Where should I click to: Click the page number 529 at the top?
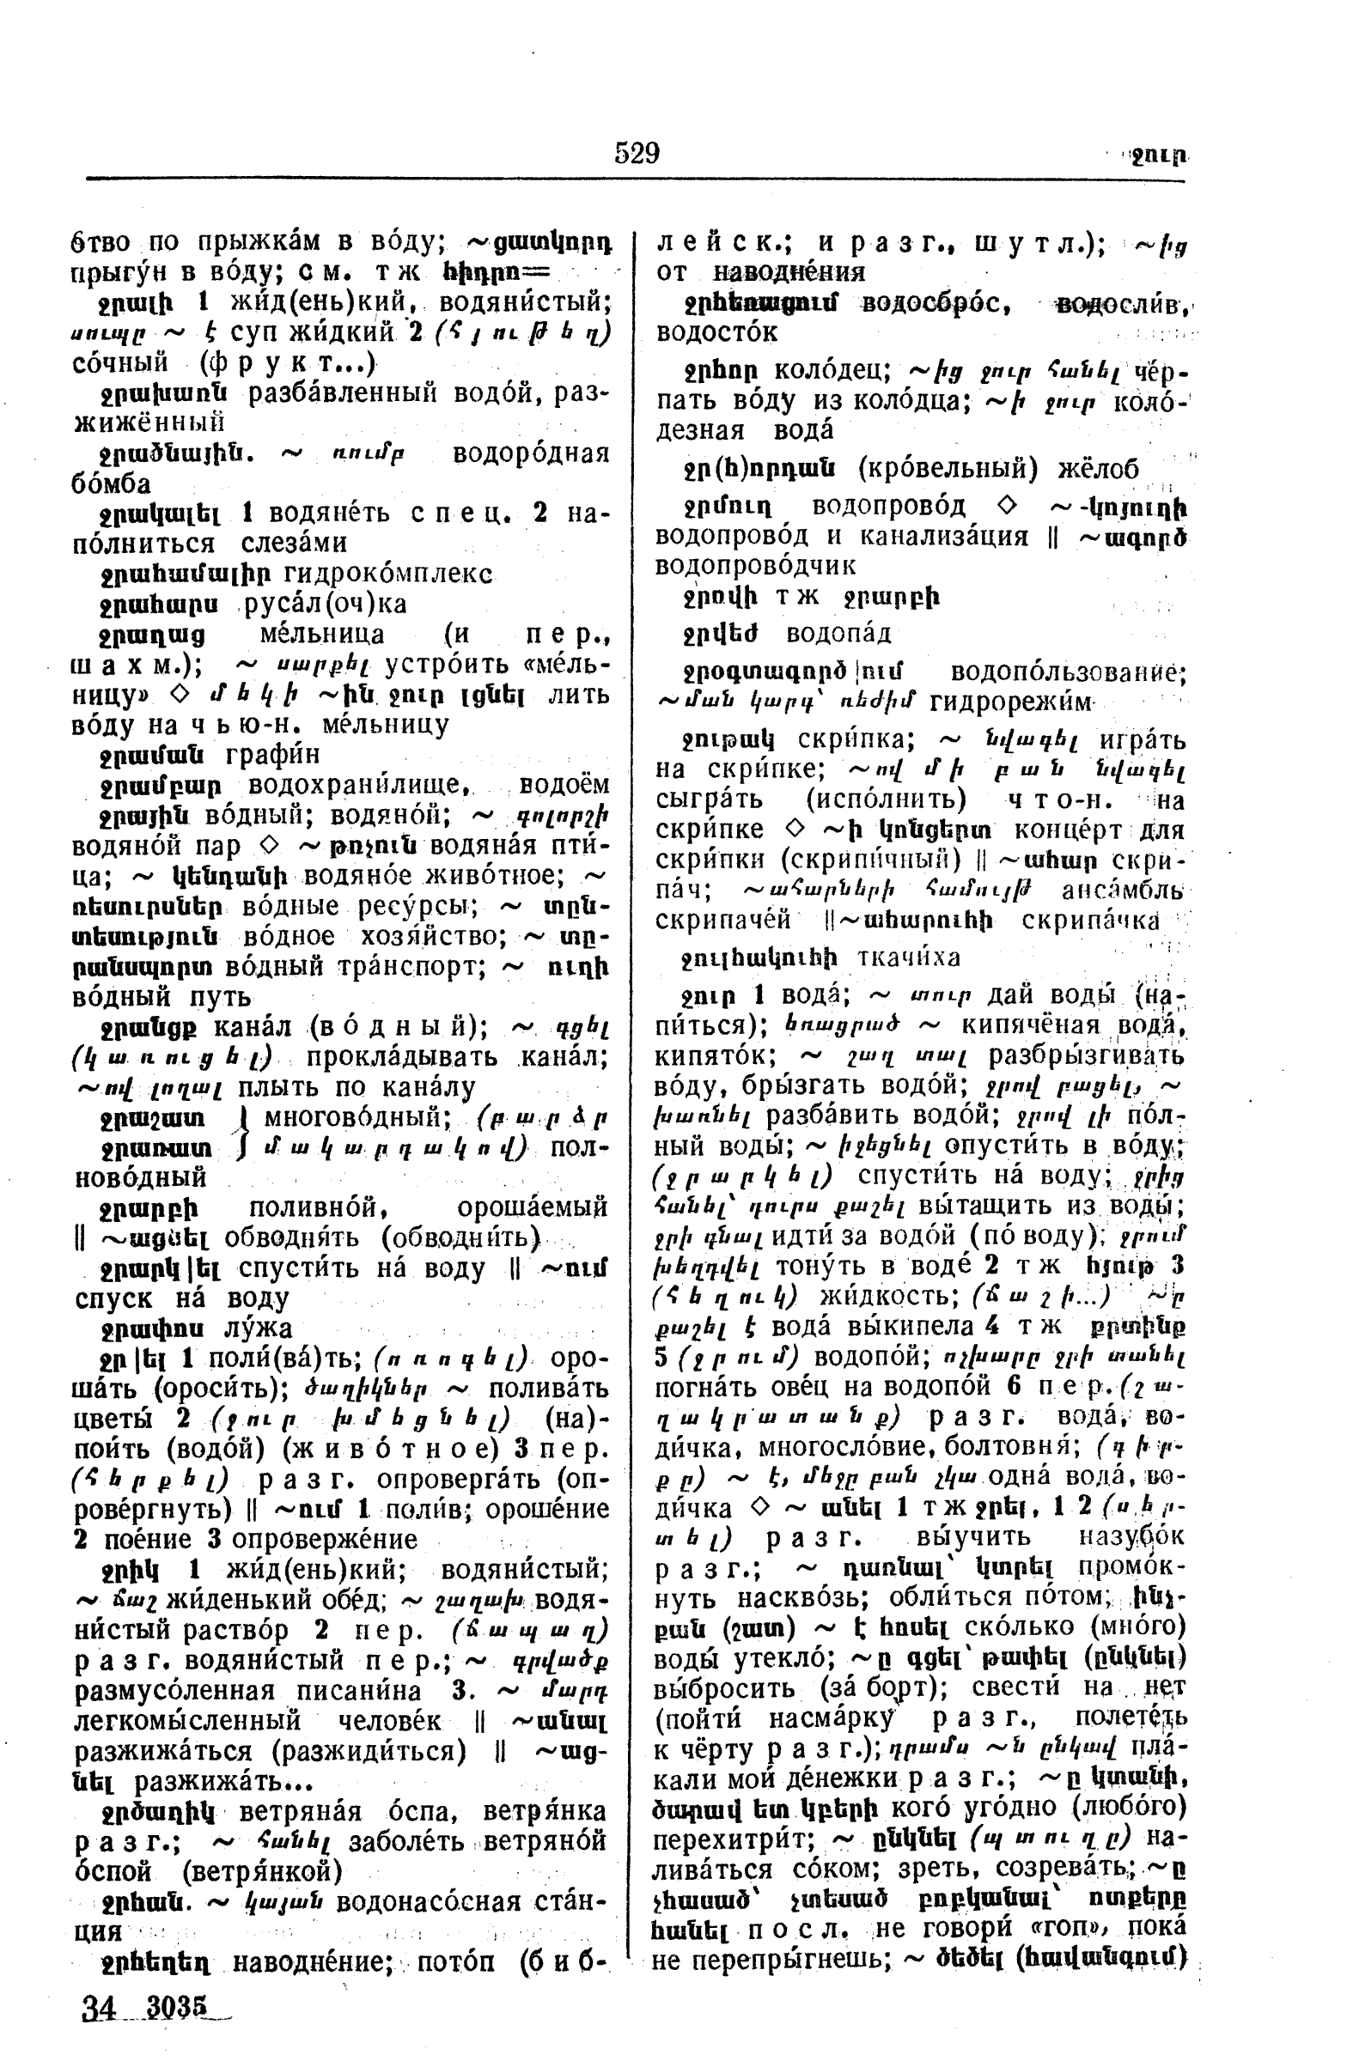(x=637, y=153)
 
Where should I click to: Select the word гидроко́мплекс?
(x=388, y=574)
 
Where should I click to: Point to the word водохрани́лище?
(x=358, y=785)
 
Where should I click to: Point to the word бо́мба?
(x=111, y=483)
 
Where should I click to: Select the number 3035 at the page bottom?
(x=178, y=2006)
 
